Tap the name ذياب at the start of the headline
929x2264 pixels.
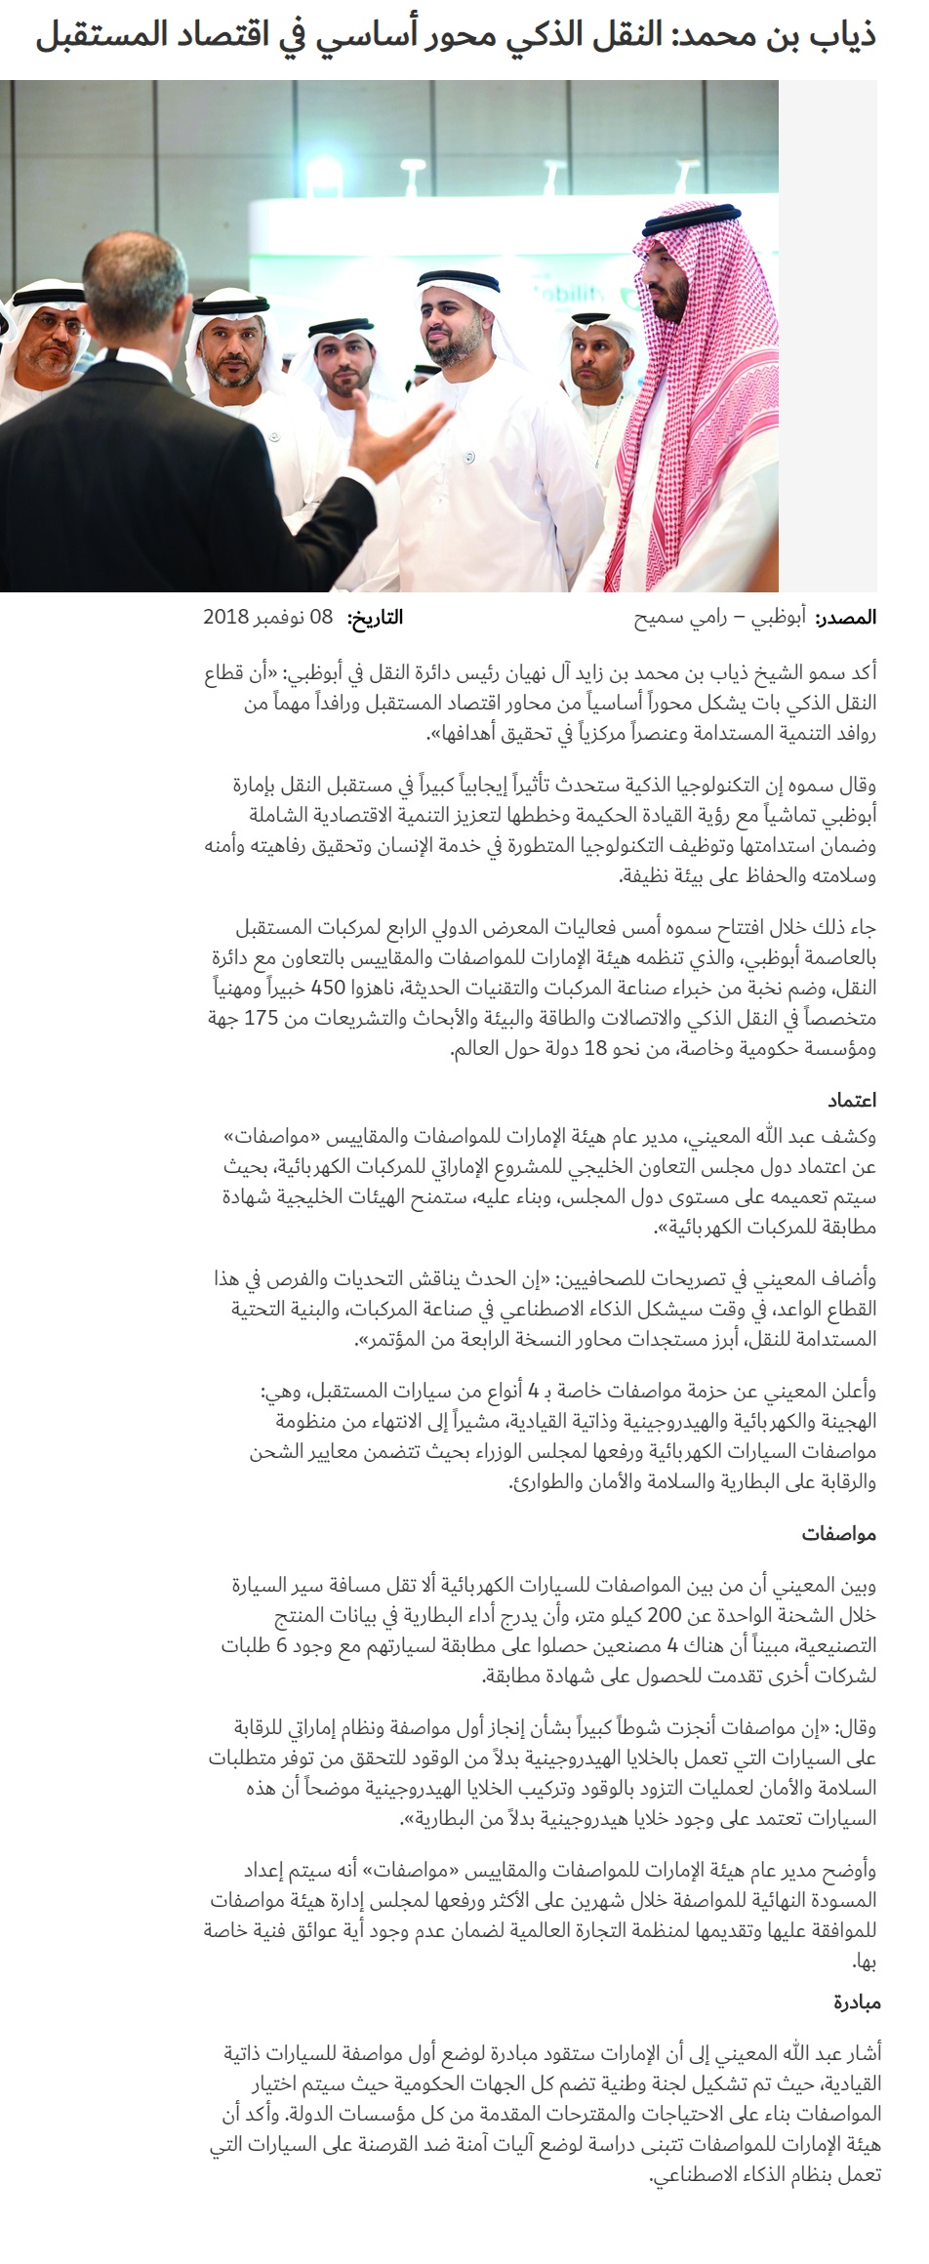coord(841,37)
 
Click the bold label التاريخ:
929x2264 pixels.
coord(376,618)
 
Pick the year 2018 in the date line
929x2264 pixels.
coord(225,618)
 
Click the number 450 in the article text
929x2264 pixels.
coord(328,987)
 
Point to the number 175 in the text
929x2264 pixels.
coord(261,1018)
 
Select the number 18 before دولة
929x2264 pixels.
coord(596,1049)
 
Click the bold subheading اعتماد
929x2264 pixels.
coord(852,1100)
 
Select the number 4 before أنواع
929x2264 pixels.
coord(534,1391)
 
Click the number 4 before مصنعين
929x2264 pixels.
coord(672,1646)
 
